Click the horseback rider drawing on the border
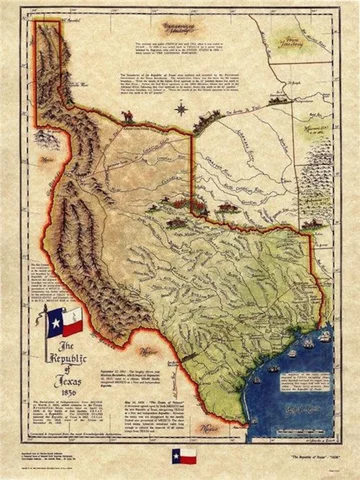coord(127,117)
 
